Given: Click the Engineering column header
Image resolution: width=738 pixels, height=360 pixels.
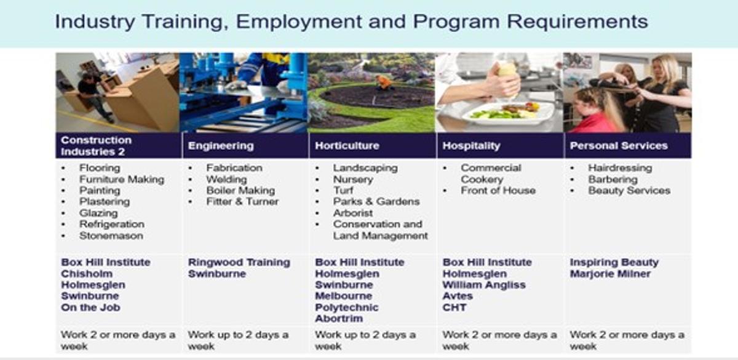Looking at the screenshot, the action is [x=221, y=146].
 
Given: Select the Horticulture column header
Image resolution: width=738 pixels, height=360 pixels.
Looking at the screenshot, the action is [x=347, y=146].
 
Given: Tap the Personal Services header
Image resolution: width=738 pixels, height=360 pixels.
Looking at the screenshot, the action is [x=619, y=146].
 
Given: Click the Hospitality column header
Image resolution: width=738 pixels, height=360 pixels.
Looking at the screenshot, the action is [x=471, y=146].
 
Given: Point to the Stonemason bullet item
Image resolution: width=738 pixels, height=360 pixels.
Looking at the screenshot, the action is [x=111, y=236].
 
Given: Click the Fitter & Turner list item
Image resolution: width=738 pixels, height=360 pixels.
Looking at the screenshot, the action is [x=242, y=201].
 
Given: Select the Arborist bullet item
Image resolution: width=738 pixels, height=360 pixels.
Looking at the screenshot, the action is [x=353, y=213].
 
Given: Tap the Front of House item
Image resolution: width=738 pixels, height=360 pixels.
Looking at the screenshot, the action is [x=498, y=190].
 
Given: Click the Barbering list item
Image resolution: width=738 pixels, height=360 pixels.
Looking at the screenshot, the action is [x=613, y=179].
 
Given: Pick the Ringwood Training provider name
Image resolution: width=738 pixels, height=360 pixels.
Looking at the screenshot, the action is [x=239, y=262].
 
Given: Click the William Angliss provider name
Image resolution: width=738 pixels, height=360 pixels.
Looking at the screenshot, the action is [x=484, y=285].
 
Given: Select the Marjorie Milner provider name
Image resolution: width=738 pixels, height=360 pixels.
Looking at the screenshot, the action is [x=610, y=274].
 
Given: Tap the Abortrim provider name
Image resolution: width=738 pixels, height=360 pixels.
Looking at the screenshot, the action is [x=339, y=319].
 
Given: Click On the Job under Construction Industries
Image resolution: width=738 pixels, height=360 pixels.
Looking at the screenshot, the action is [x=90, y=307].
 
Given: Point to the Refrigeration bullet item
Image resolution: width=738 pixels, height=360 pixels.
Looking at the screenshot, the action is [x=112, y=224].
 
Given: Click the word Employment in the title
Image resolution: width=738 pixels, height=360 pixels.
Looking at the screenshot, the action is [x=299, y=22].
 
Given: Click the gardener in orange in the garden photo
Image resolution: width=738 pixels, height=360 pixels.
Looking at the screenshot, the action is [x=384, y=82].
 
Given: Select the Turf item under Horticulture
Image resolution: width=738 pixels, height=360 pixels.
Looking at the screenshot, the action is [x=343, y=190].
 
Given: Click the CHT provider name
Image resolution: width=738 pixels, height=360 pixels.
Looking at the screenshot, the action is [x=454, y=307].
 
